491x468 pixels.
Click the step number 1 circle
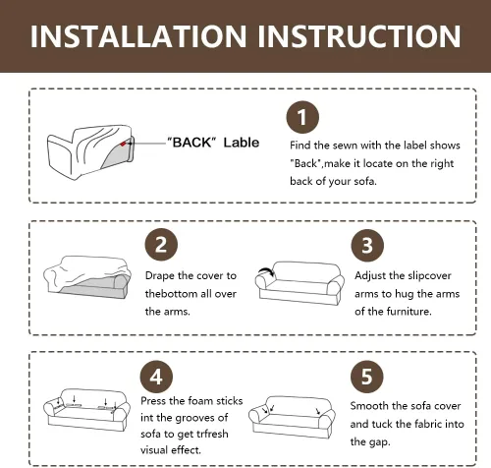tap(302, 117)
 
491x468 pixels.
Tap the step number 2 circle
tap(161, 245)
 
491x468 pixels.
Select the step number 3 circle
tap(367, 245)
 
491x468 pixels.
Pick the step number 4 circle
tap(156, 377)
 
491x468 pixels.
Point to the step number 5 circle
tap(366, 377)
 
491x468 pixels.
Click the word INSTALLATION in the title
tap(138, 36)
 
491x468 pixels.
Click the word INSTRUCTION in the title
tap(359, 36)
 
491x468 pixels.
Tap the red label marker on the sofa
tap(123, 144)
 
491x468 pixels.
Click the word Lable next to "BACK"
tap(242, 143)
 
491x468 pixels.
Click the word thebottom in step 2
tap(172, 293)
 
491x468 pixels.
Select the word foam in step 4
tap(191, 401)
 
